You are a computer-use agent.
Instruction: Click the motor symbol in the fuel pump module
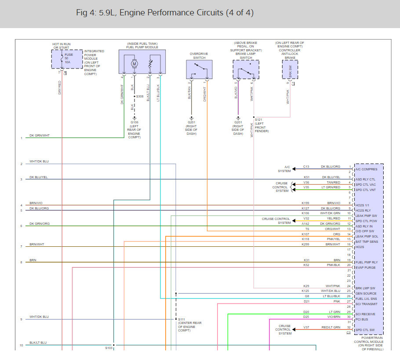click(135, 64)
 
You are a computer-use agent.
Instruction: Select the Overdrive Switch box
click(199, 69)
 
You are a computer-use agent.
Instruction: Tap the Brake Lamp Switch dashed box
click(246, 69)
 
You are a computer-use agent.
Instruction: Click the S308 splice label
click(140, 96)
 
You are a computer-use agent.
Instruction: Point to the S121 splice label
click(258, 119)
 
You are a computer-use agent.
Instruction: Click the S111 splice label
click(182, 319)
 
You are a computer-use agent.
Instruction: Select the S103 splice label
click(109, 348)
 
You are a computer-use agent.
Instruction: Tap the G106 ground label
click(135, 122)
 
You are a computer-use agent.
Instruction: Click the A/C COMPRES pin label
click(366, 169)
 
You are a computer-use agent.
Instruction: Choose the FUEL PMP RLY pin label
click(367, 262)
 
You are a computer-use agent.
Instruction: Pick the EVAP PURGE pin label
click(366, 267)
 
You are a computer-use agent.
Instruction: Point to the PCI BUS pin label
click(362, 319)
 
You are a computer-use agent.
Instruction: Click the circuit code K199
click(305, 203)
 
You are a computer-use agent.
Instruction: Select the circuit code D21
click(306, 302)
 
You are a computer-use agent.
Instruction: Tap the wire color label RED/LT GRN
click(331, 327)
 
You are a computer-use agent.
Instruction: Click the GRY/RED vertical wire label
click(60, 88)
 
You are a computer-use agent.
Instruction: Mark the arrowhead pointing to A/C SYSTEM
click(294, 169)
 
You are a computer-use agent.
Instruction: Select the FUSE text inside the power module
click(69, 54)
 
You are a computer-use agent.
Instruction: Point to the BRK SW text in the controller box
click(290, 72)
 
